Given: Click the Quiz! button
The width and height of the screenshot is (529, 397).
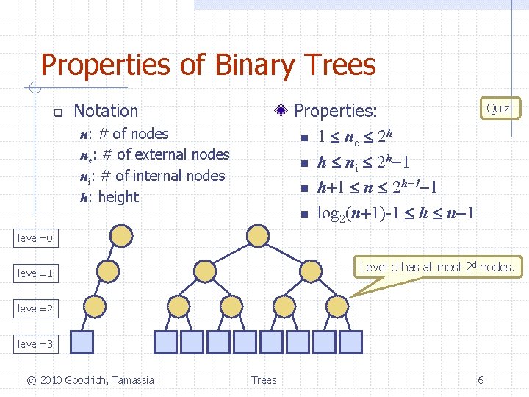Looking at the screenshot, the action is (500, 108).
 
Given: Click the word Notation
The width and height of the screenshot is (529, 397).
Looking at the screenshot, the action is (106, 111).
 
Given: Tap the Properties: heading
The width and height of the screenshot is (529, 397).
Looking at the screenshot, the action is (335, 111).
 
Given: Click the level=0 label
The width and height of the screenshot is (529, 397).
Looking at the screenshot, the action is (35, 238).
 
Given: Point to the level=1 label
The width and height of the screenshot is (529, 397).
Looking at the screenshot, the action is (35, 273).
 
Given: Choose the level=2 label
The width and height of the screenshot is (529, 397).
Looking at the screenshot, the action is (35, 309).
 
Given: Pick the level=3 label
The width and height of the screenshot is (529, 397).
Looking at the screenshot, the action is (35, 343).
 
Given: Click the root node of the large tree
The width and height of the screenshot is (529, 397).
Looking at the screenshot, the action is (258, 235).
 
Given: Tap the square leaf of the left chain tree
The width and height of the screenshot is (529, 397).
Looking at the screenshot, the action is (84, 342).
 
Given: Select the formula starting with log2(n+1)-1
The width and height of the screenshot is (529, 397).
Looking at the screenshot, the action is (395, 214).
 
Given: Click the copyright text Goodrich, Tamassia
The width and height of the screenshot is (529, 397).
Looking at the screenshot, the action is (90, 379).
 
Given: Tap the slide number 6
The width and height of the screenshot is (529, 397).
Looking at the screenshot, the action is (481, 379).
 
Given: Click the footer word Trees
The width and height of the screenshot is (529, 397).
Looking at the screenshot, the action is (264, 379).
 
